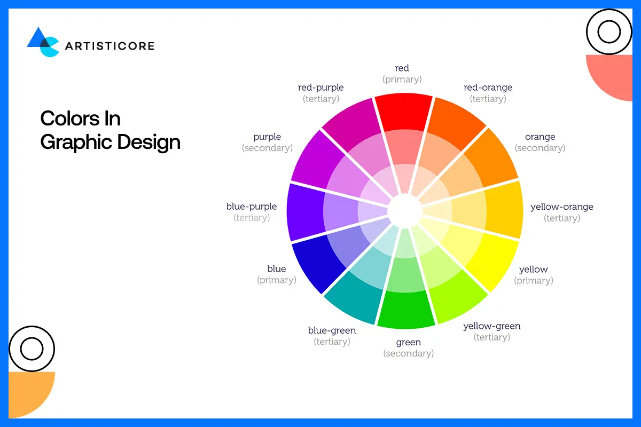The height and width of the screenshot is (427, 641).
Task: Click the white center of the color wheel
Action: pos(404,210)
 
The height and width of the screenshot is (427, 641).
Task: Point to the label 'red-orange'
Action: pos(488,88)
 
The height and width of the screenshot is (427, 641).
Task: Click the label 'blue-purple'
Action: pos(252,207)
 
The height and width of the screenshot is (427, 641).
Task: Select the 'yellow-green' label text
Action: pos(491,326)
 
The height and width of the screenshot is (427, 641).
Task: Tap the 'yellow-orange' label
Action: pos(561,207)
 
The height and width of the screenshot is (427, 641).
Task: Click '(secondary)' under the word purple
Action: pos(267,148)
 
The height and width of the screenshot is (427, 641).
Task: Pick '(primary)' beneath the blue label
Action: pos(277,280)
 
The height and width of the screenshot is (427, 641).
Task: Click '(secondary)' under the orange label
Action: pos(540,148)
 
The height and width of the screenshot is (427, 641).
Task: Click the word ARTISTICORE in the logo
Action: pos(110,46)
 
